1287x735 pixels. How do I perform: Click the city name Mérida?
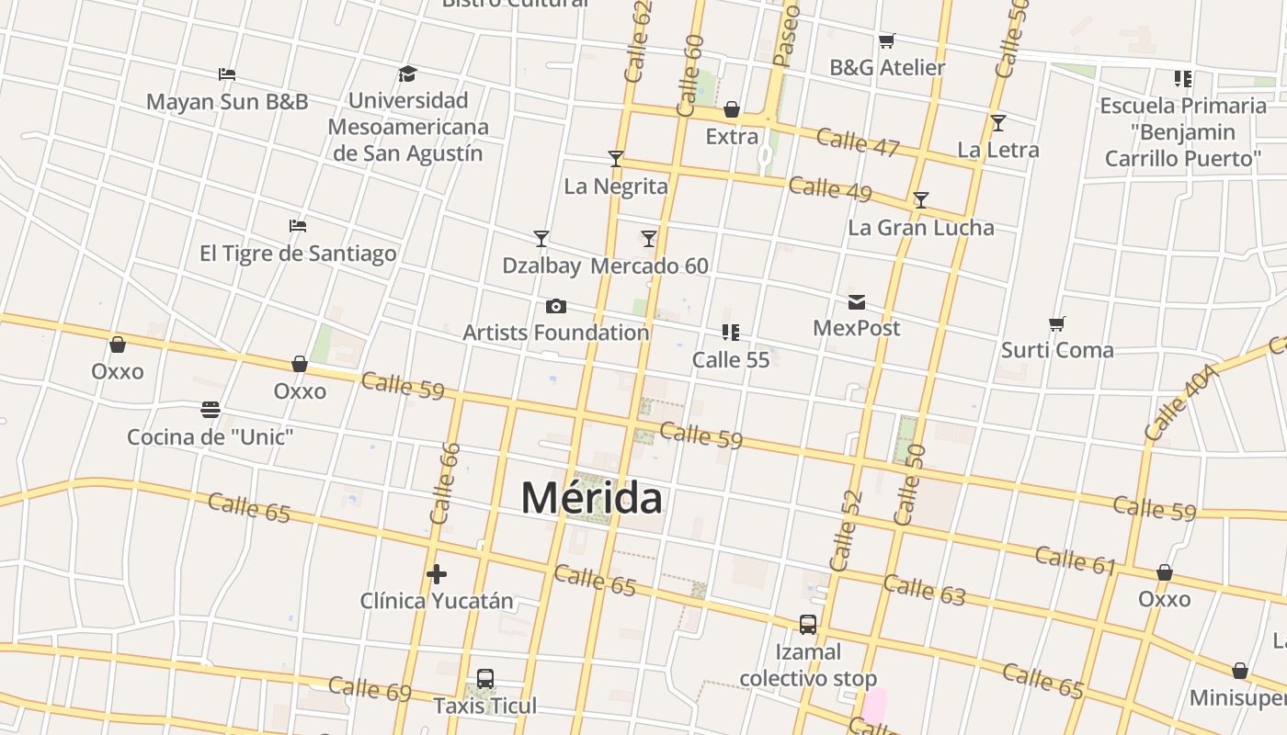coord(591,498)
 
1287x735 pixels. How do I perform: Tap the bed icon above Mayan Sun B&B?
coord(227,73)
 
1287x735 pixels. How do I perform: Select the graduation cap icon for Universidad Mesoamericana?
coord(407,73)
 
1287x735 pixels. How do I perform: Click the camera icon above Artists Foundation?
coord(556,306)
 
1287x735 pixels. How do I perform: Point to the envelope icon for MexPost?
coord(857,301)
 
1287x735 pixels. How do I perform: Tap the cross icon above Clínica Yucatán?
coord(437,574)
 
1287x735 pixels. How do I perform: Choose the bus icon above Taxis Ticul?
coord(485,679)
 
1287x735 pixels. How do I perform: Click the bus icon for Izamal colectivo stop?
coord(808,625)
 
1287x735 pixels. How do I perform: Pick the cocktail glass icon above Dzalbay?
coord(541,239)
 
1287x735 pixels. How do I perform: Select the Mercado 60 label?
coord(649,266)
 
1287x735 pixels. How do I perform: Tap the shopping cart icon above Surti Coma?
coord(1057,323)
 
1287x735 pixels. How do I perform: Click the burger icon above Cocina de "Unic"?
coord(211,409)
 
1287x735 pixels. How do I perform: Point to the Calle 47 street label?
coord(858,142)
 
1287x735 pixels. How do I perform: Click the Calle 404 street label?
coord(1183,401)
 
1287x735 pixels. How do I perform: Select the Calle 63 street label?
coord(925,590)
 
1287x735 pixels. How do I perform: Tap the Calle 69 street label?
coord(370,689)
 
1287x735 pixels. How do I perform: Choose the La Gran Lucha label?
coord(921,227)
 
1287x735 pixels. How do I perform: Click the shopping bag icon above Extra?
coord(732,110)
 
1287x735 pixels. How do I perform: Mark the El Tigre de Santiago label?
coord(298,253)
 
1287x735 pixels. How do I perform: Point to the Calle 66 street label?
coord(445,483)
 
